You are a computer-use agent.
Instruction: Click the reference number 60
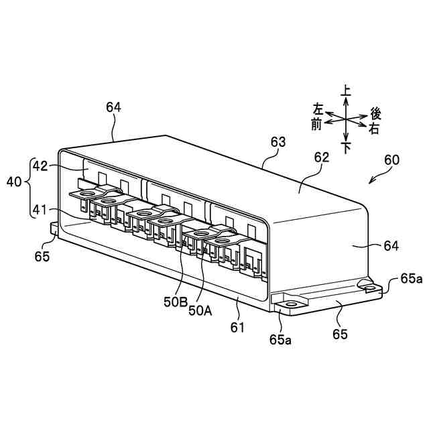pos(391,160)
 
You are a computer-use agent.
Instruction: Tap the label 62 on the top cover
pos(322,158)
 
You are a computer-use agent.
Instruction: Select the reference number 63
pos(278,142)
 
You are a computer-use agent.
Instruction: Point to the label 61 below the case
pos(238,327)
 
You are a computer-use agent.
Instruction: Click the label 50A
pos(200,310)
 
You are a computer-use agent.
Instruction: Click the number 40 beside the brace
pos(14,182)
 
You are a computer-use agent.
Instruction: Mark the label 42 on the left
pos(40,166)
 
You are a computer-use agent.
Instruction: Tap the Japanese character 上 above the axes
pos(346,90)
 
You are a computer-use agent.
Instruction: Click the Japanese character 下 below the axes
pos(346,147)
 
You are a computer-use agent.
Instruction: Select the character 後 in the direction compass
pos(375,115)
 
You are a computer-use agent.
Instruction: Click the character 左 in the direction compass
pos(318,109)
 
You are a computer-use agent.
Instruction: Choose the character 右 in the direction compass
pos(374,129)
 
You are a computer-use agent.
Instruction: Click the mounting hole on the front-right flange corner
pos(291,304)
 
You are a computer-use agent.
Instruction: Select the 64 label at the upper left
pos(113,107)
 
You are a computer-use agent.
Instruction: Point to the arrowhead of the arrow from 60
pos(369,182)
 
